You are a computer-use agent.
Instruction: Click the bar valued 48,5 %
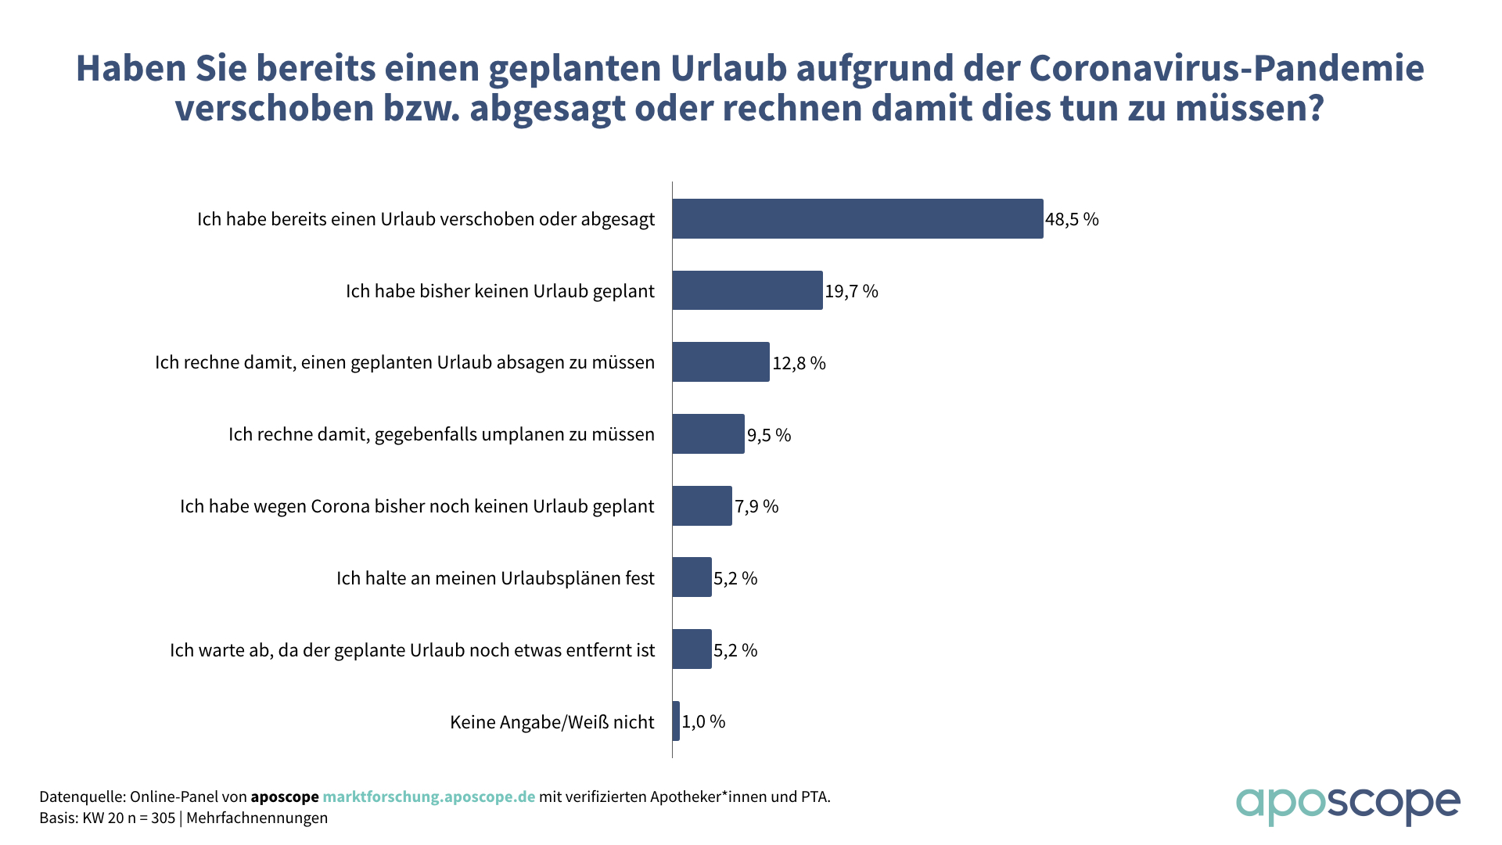pyautogui.click(x=857, y=218)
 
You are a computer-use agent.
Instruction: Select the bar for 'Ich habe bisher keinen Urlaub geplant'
pyautogui.click(x=747, y=290)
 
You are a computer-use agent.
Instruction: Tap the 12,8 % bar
pyautogui.click(x=720, y=362)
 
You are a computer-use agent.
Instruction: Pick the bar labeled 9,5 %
pyautogui.click(x=708, y=434)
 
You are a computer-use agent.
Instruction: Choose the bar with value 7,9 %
pyautogui.click(x=702, y=505)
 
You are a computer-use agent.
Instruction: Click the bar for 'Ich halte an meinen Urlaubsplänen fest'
pyautogui.click(x=692, y=577)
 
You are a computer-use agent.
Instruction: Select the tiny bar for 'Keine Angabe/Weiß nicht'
pyautogui.click(x=676, y=721)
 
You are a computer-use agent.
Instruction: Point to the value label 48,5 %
pyautogui.click(x=1072, y=219)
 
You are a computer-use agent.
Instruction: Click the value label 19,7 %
pyautogui.click(x=851, y=291)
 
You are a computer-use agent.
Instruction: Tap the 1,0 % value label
pyautogui.click(x=703, y=721)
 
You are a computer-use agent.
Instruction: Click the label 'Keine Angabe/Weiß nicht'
pyautogui.click(x=552, y=721)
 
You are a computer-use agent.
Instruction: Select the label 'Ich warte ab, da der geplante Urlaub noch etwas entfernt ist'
pyautogui.click(x=412, y=650)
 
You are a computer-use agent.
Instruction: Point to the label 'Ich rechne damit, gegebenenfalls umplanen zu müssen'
pyautogui.click(x=441, y=434)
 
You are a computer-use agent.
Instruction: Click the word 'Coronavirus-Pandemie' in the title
pyautogui.click(x=1226, y=68)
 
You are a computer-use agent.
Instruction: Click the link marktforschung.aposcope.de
pyautogui.click(x=429, y=796)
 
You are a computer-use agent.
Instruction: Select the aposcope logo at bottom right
pyautogui.click(x=1347, y=805)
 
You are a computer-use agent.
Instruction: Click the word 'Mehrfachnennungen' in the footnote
pyautogui.click(x=257, y=818)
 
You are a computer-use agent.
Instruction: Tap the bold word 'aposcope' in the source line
pyautogui.click(x=285, y=796)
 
